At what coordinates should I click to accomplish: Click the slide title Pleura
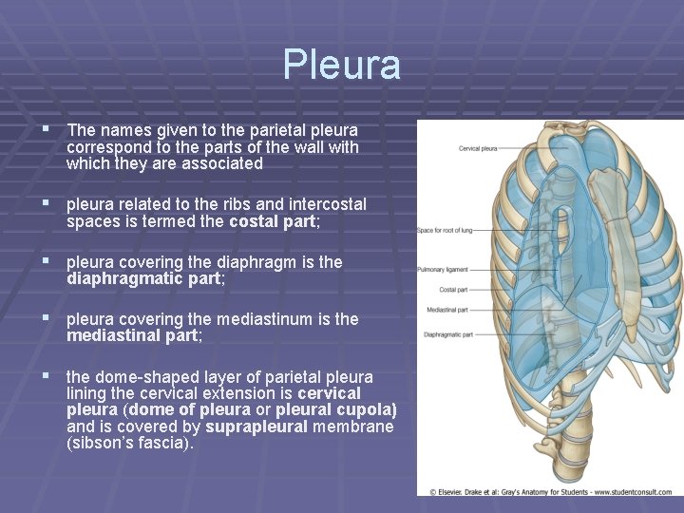click(341, 65)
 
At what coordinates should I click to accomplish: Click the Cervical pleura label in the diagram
click(478, 148)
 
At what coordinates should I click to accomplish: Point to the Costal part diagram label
click(453, 290)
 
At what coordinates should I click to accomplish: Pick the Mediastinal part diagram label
click(447, 310)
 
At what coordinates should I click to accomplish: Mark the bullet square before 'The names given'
click(45, 129)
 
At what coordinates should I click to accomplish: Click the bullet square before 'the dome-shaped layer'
click(45, 376)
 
